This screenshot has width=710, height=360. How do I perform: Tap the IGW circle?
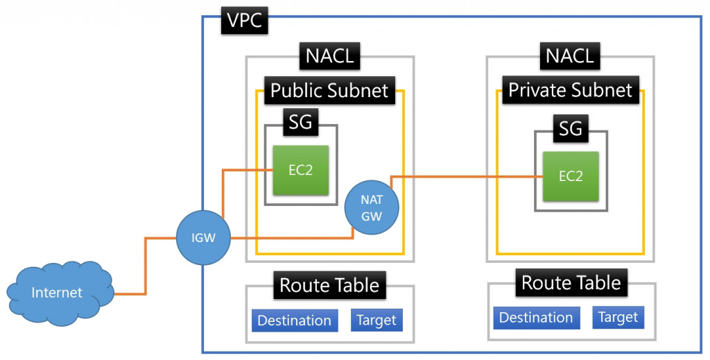coord(204,238)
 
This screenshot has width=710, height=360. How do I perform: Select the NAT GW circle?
coord(372,206)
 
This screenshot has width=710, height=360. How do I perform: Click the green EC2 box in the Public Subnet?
coord(300,170)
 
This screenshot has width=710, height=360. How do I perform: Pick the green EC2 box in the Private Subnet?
coord(570,176)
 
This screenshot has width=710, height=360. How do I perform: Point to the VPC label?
coord(245,21)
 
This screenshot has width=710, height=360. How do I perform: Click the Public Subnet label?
coord(329,90)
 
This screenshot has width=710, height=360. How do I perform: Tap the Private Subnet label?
coord(570,90)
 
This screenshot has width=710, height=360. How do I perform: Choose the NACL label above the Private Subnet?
coord(570,55)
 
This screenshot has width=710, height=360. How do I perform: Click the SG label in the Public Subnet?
coord(300,124)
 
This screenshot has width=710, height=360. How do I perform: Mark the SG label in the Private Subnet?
coord(570,128)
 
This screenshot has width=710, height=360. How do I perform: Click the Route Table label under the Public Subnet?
coord(329,284)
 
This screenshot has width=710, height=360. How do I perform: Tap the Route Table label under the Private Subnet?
coord(571,282)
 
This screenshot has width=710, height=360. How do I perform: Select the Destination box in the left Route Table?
coord(295,320)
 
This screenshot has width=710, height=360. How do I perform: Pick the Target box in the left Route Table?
coord(376,320)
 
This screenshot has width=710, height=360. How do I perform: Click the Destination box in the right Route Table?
coord(536,318)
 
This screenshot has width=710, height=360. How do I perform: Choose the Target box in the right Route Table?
coord(618,317)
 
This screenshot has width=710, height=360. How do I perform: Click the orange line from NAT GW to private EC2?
coord(465,178)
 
